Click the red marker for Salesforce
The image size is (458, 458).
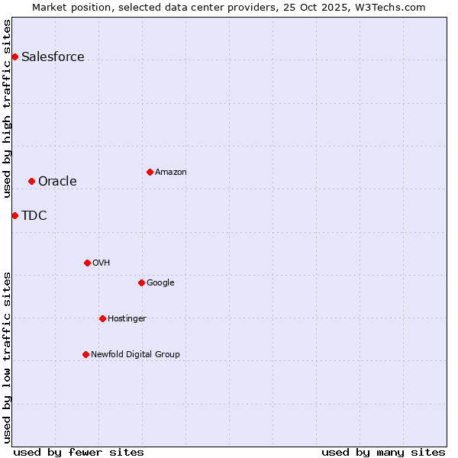pos(15,56)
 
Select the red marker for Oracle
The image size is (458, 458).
pos(31,181)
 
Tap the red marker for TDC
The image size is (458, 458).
pos(15,215)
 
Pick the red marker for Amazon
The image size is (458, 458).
pos(150,172)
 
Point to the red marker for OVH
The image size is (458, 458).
pos(87,263)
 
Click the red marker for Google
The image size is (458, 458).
pos(141,282)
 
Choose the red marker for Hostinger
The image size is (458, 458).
pos(102,318)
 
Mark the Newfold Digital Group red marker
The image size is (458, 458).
pos(85,354)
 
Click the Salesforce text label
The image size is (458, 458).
pos(53,57)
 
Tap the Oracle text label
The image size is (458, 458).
pos(57,182)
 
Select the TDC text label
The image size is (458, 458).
pos(34,216)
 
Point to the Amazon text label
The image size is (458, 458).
pos(171,173)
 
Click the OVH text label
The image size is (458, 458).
pos(102,263)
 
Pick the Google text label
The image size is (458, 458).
pos(160,283)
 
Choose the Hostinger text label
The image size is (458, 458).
pos(127,319)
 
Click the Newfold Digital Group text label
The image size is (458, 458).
pos(135,355)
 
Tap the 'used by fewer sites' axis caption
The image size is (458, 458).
pos(79,452)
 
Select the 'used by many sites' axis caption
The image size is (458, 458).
pos(383,452)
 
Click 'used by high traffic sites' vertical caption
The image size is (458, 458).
pos(7,108)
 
